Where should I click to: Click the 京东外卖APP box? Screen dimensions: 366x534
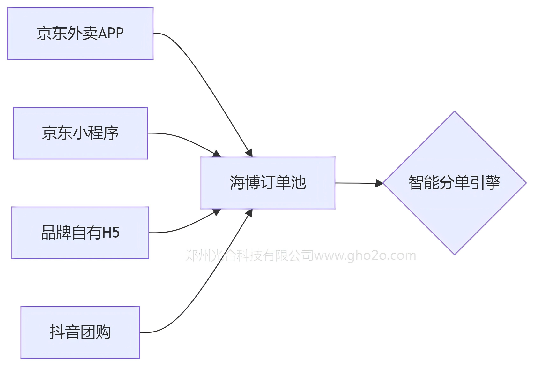click(x=80, y=34)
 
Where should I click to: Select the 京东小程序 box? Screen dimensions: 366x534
click(x=80, y=133)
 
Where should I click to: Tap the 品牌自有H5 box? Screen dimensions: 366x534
click(x=80, y=233)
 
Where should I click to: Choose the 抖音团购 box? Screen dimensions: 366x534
click(x=80, y=332)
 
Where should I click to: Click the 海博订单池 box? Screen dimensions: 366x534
click(x=268, y=183)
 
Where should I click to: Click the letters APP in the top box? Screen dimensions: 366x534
click(x=111, y=34)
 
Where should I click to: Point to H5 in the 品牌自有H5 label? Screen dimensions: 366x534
click(x=111, y=233)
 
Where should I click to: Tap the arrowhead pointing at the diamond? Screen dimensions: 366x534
click(x=379, y=183)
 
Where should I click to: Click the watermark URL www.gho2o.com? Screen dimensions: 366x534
click(x=365, y=256)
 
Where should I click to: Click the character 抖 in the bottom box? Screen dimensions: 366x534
click(x=56, y=332)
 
